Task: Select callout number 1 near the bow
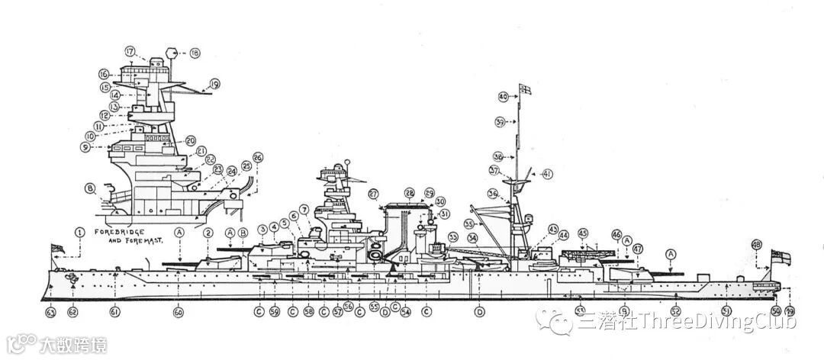click(x=79, y=231)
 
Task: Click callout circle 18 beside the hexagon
click(x=195, y=53)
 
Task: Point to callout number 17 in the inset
click(x=130, y=52)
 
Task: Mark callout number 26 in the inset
click(x=258, y=158)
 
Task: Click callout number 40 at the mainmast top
click(x=503, y=97)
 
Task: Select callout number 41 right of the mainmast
click(x=547, y=174)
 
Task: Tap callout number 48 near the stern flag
click(x=757, y=245)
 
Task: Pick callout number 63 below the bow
click(x=50, y=311)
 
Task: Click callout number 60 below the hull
click(x=179, y=311)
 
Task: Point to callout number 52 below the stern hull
click(x=675, y=311)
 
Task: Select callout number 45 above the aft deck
click(x=583, y=233)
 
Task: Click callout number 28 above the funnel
click(x=410, y=193)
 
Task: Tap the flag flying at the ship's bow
click(x=56, y=249)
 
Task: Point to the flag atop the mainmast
click(x=525, y=89)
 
